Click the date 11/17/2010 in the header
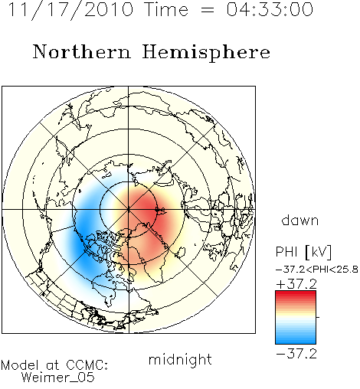70,10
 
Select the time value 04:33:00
270,9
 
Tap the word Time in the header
166,9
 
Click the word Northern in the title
82,51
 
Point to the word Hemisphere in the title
206,53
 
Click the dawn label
299,220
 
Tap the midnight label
180,359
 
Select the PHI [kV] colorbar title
303,252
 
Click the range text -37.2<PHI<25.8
317,270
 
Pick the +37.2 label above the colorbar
296,284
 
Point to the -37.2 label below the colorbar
296,354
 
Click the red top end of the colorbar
296,293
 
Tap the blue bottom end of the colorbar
296,342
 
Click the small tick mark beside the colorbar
318,317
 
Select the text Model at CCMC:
54,365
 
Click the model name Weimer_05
58,378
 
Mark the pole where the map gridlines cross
129,210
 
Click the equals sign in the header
208,10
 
